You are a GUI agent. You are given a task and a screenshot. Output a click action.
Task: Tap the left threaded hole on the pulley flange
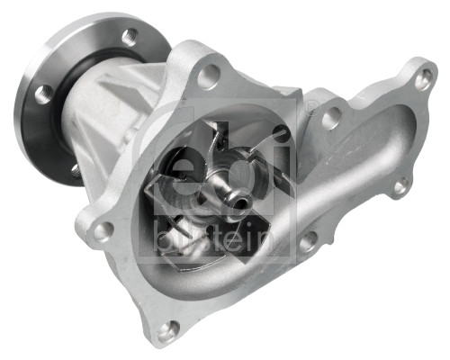pyautogui.click(x=43, y=91)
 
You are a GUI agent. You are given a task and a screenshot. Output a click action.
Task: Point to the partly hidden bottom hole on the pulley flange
pyautogui.click(x=74, y=168)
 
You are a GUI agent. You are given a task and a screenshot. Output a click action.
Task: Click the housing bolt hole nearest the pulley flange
pyautogui.click(x=209, y=76)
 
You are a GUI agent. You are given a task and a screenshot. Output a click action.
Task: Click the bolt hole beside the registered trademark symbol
pyautogui.click(x=331, y=115)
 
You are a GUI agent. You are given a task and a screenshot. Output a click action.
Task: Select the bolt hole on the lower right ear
pyautogui.click(x=400, y=185)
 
